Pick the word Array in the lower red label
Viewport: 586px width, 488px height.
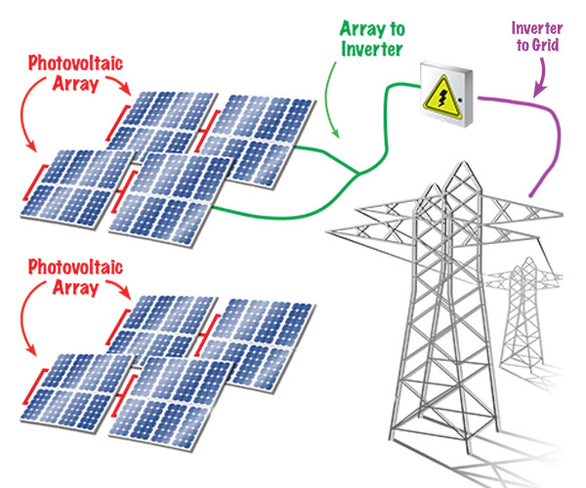point(73,287)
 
